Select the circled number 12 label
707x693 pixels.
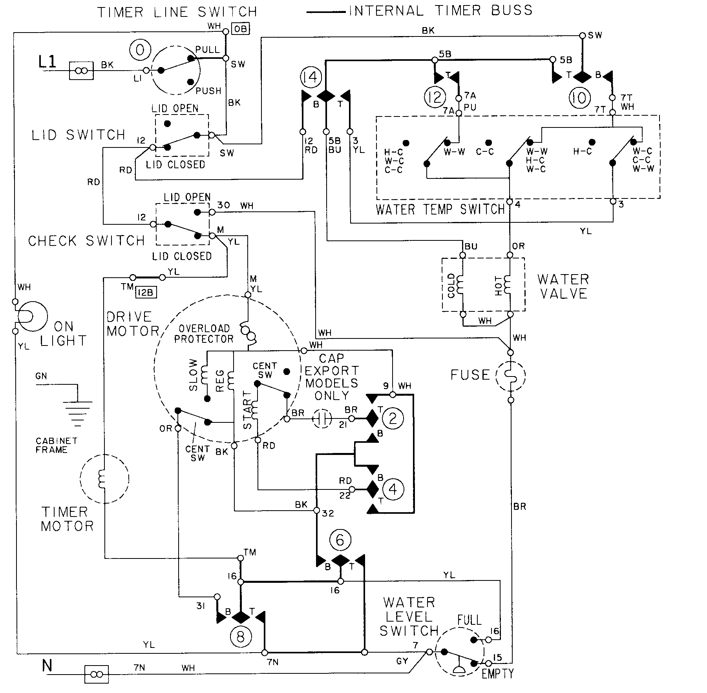[435, 97]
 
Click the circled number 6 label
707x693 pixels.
[340, 540]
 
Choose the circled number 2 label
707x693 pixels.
[393, 418]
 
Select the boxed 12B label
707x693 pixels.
[146, 292]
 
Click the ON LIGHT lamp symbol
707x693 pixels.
[31, 316]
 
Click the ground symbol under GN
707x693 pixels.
[78, 412]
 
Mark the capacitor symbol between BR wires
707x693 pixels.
[322, 419]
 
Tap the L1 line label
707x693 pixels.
[47, 63]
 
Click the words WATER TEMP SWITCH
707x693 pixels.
[440, 209]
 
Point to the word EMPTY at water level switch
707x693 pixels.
[497, 674]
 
